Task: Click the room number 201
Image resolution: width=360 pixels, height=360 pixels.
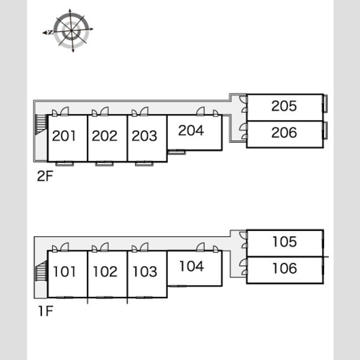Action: click(x=64, y=136)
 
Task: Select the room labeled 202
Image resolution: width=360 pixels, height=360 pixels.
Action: click(x=104, y=136)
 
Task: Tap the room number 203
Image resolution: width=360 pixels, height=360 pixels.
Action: click(x=145, y=136)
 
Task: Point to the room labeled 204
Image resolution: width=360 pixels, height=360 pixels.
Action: click(x=191, y=130)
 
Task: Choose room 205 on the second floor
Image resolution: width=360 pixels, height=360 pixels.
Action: click(x=284, y=106)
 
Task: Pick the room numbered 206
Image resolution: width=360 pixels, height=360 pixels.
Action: click(x=284, y=133)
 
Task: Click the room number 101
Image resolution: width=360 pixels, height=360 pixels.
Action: click(x=64, y=272)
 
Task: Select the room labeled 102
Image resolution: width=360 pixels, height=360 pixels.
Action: click(x=105, y=272)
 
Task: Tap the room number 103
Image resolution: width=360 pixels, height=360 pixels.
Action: click(x=145, y=272)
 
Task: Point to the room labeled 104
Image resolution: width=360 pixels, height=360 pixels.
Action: click(x=192, y=266)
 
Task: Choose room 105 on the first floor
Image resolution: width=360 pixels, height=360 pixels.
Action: click(x=284, y=242)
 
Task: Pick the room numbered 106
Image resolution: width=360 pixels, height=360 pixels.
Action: click(x=284, y=268)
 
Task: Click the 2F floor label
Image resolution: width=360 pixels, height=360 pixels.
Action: click(x=45, y=176)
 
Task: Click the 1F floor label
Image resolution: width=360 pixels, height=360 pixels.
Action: click(x=46, y=311)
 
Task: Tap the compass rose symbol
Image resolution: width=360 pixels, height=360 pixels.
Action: click(x=71, y=31)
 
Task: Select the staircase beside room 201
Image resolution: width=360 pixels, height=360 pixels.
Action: click(x=41, y=124)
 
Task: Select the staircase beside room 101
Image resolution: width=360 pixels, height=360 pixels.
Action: click(x=41, y=271)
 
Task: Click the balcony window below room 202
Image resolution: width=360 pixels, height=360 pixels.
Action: click(x=104, y=164)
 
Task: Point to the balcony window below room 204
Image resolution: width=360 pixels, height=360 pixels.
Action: click(x=176, y=152)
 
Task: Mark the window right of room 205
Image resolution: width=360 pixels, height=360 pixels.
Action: click(x=325, y=103)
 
